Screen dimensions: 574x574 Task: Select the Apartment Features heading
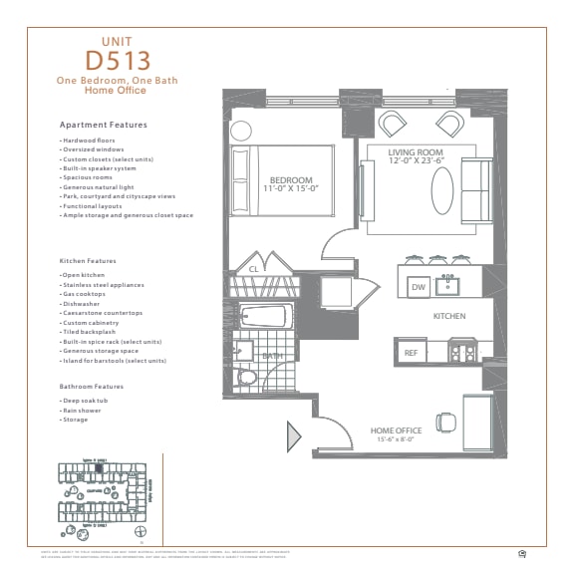(x=104, y=126)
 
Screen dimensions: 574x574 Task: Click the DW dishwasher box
(x=419, y=287)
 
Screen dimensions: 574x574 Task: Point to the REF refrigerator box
(x=411, y=353)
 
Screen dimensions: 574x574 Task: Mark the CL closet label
(x=254, y=269)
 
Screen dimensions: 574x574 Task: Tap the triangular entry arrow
(x=294, y=436)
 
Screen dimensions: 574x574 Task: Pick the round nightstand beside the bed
(x=242, y=131)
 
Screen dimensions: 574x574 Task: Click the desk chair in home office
(x=446, y=422)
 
